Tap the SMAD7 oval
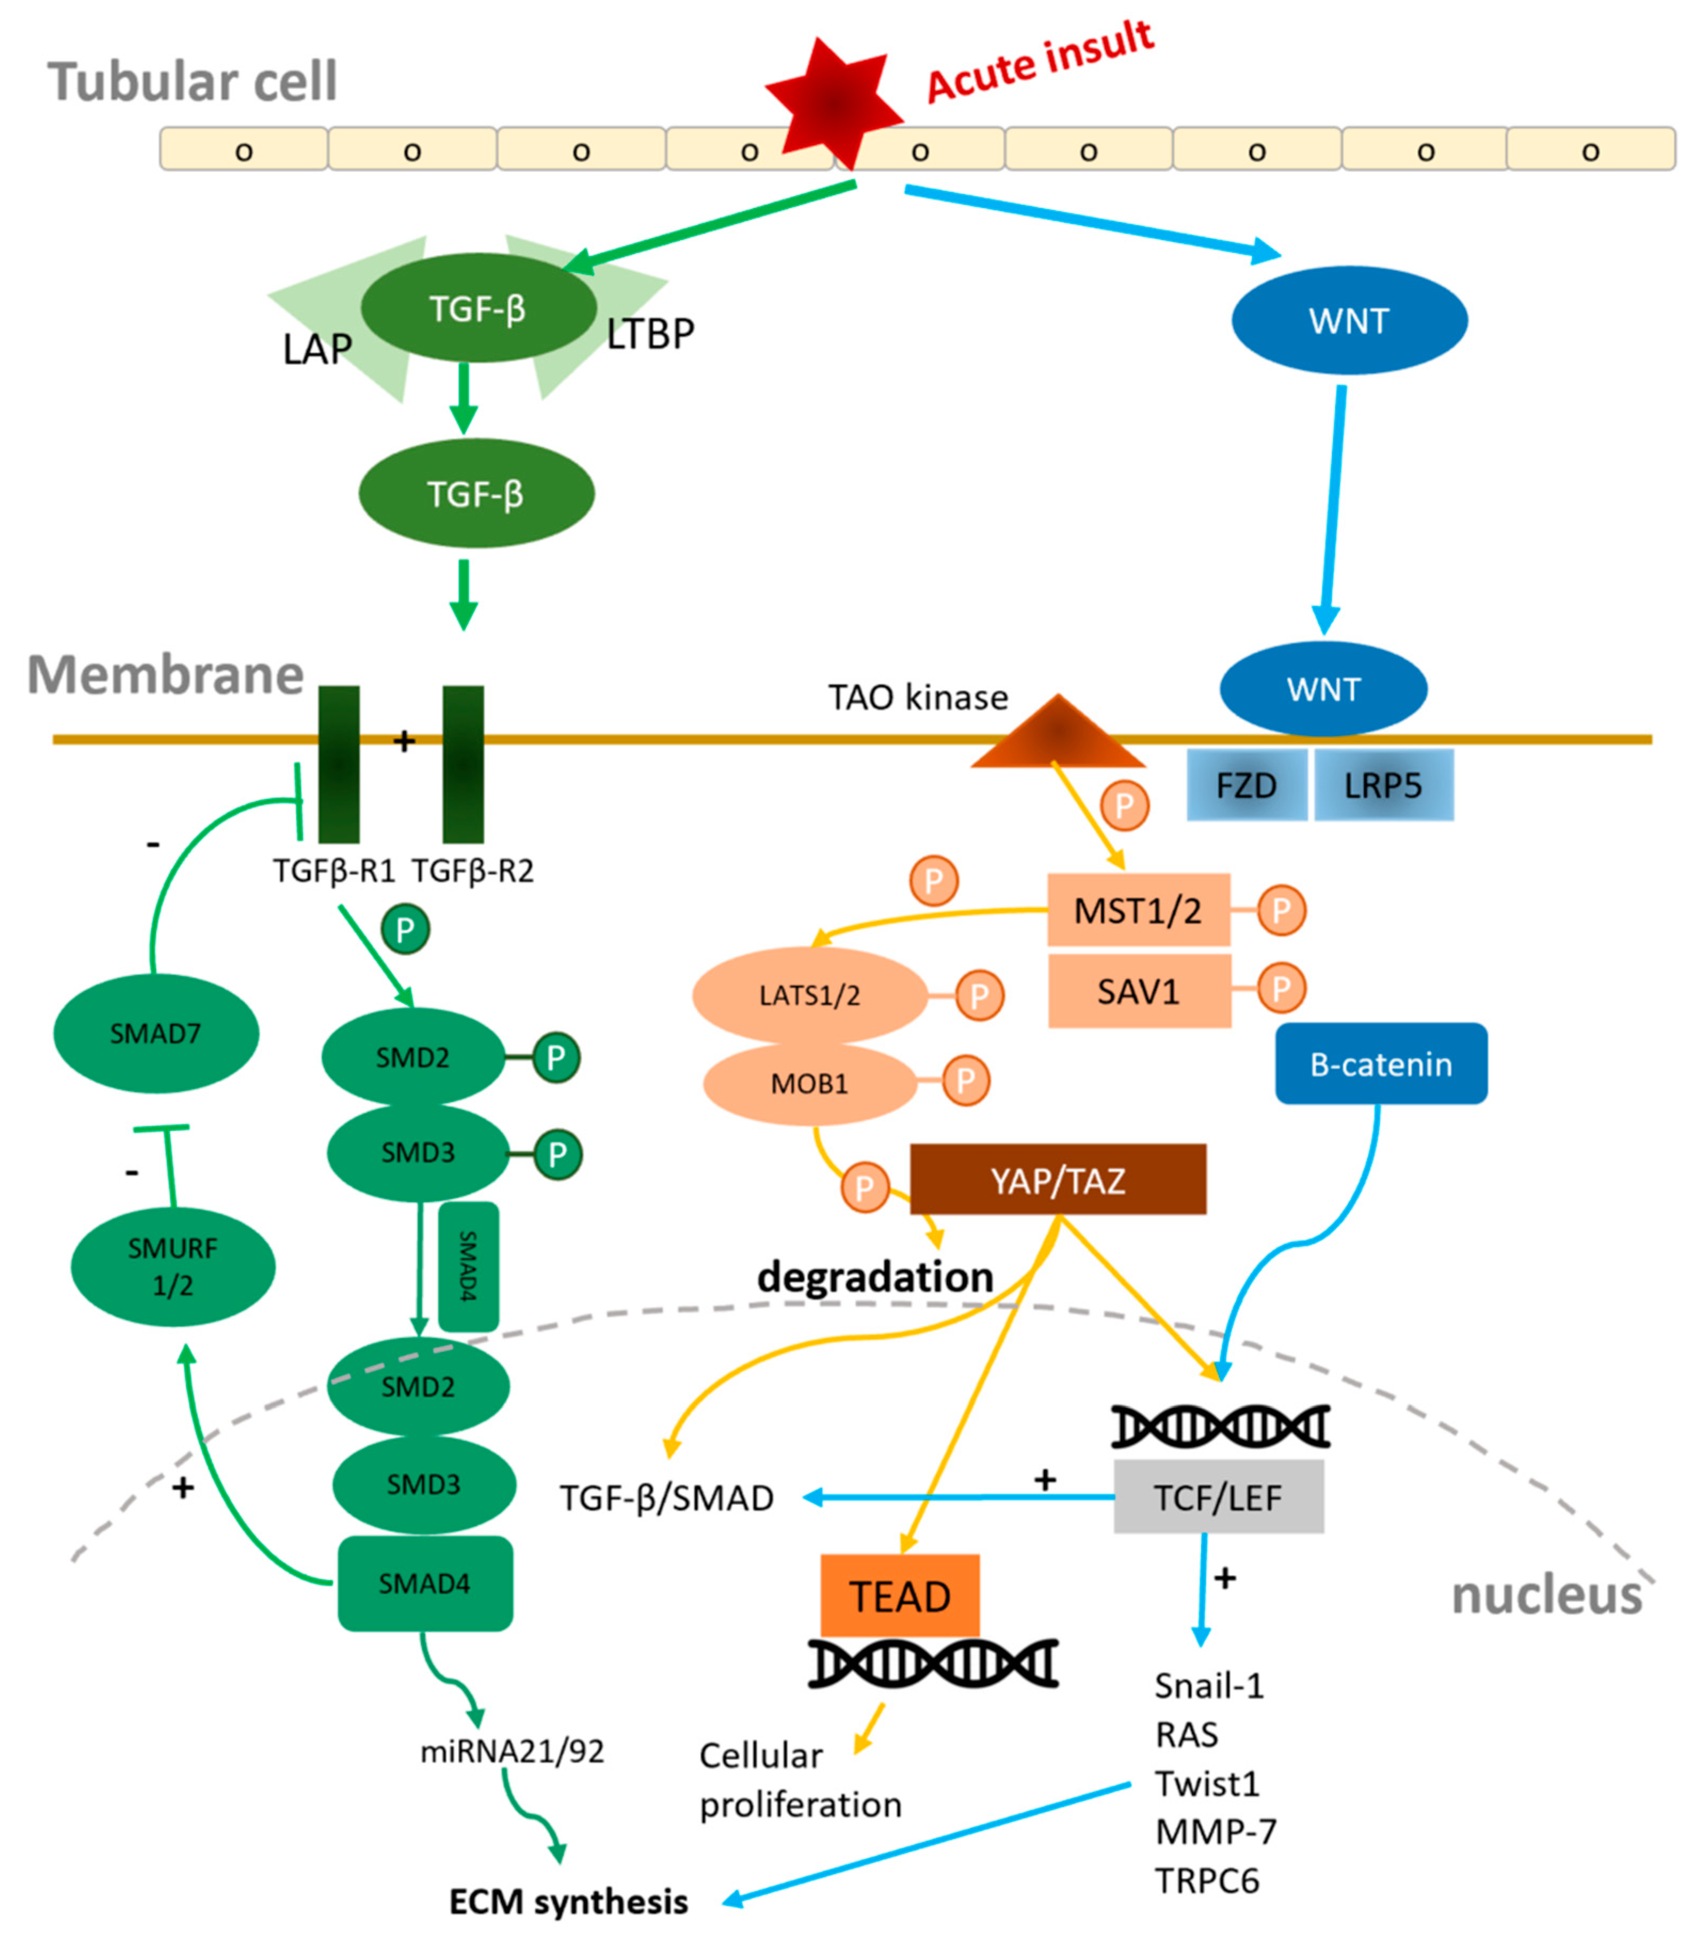click(156, 1033)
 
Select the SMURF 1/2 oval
click(173, 1266)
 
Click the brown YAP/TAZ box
click(1057, 1180)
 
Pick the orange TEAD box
click(899, 1597)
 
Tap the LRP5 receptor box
click(1383, 786)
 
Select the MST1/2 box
click(1138, 910)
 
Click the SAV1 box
click(1139, 990)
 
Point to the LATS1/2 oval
click(810, 995)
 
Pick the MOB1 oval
click(810, 1083)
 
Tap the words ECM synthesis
click(568, 1902)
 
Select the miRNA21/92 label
click(512, 1751)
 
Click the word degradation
click(875, 1277)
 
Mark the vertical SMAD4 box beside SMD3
click(468, 1266)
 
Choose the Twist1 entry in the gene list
click(1208, 1783)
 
